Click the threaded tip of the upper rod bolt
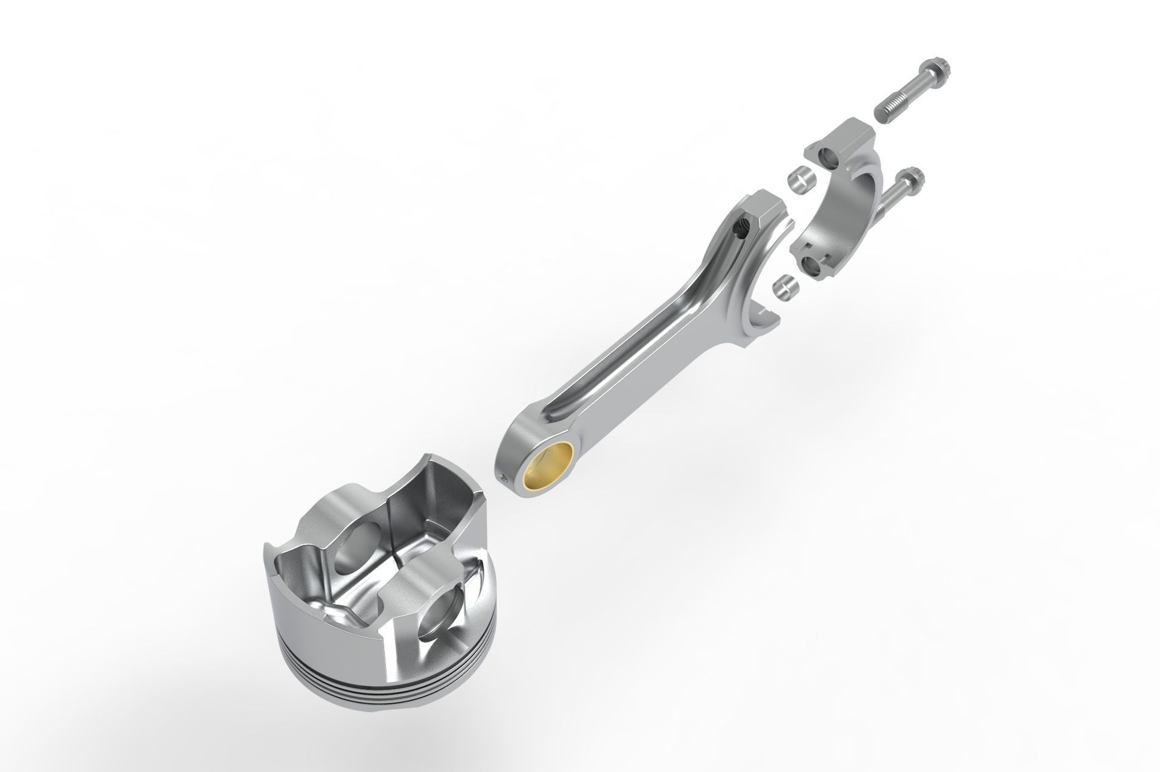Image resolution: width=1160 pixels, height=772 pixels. [x=886, y=113]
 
